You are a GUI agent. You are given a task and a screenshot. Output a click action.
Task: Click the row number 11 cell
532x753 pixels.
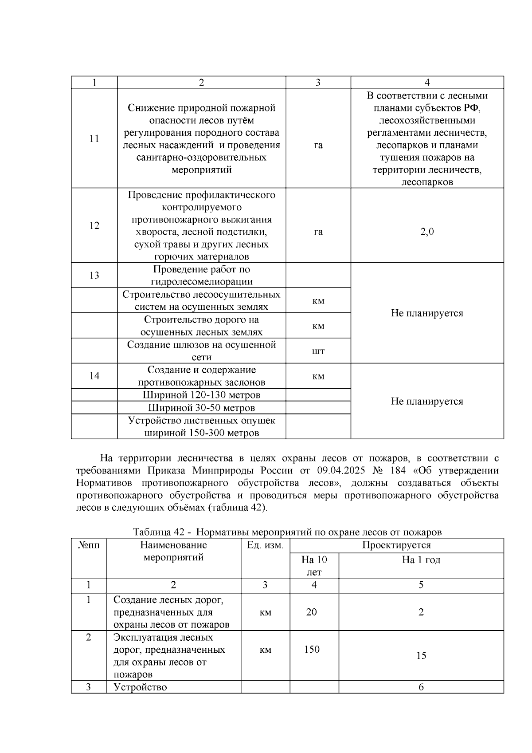[94, 138]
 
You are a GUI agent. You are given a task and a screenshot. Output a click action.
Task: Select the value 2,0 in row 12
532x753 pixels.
[427, 232]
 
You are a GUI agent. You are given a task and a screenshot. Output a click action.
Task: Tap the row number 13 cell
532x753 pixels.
[94, 275]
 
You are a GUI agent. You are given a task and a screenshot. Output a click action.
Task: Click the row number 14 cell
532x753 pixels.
[94, 376]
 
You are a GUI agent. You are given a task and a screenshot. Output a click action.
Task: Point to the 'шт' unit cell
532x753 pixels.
[318, 351]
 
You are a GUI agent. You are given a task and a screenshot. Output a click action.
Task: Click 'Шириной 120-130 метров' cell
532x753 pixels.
[201, 395]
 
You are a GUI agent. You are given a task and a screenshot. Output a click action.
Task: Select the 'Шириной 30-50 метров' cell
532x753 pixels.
[201, 407]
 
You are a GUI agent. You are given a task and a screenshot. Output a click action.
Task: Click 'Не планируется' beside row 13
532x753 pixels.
[427, 313]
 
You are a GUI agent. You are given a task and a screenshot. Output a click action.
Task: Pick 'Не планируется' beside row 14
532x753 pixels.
[427, 401]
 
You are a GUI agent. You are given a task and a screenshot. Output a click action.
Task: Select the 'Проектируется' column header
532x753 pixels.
[396, 545]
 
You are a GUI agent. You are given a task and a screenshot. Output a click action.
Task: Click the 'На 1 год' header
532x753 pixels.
[421, 560]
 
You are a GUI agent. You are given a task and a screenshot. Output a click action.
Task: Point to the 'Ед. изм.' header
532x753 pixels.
[265, 545]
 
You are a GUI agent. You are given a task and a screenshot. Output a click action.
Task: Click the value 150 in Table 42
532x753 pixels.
[312, 649]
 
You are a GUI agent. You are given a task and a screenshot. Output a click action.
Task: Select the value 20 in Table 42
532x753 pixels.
[312, 612]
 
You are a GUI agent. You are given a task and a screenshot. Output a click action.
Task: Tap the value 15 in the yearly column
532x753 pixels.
[421, 655]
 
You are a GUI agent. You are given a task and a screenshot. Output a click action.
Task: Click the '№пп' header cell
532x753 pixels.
[89, 545]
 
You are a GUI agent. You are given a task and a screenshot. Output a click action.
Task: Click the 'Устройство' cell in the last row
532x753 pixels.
[140, 687]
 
